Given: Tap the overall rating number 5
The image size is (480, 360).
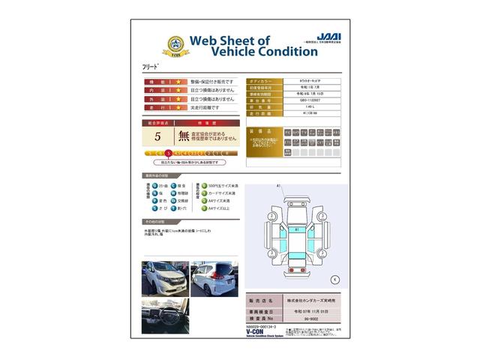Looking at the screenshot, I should [157, 136].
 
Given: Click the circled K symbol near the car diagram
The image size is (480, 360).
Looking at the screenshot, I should [334, 278].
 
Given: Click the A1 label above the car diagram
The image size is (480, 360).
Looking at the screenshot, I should [278, 185].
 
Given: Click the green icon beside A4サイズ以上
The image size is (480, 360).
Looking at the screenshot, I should [202, 209].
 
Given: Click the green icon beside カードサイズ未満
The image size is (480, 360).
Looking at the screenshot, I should [202, 193].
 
